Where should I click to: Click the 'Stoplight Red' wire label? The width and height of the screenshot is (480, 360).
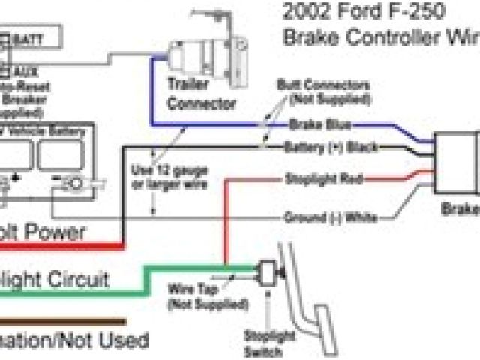click(x=324, y=179)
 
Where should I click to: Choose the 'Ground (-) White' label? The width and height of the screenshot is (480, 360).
click(x=330, y=217)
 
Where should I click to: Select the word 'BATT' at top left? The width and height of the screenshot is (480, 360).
click(x=27, y=36)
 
